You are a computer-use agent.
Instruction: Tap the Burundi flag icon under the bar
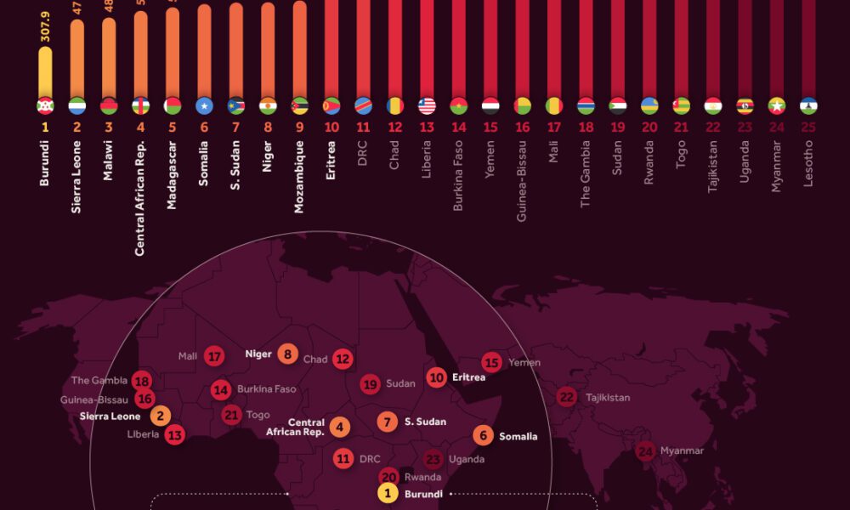(45, 106)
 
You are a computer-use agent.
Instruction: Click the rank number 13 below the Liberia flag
(427, 127)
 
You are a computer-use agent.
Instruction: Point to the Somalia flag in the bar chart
(204, 106)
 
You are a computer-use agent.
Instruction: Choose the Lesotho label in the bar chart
(808, 167)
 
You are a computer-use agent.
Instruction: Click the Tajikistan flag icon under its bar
(713, 106)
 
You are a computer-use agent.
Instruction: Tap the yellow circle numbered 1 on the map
(388, 493)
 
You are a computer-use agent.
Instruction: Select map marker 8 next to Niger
(287, 354)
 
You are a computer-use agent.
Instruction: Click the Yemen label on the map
(524, 362)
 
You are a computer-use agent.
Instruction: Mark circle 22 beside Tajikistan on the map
(567, 397)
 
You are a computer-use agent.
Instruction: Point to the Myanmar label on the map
(681, 450)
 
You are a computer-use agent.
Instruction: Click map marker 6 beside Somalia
(483, 435)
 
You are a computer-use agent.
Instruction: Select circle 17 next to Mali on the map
(214, 356)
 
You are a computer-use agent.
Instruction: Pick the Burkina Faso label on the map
(266, 390)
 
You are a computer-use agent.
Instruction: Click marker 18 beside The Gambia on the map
(142, 381)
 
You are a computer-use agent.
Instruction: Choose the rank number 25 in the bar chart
(808, 127)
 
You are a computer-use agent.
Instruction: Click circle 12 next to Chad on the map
(342, 359)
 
